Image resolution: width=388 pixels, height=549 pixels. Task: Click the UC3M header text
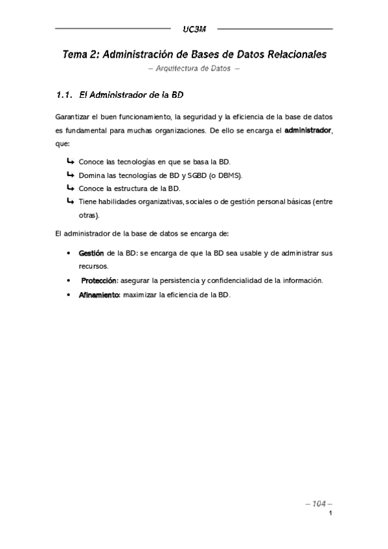(x=193, y=30)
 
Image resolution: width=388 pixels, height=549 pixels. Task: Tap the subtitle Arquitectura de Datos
(x=194, y=69)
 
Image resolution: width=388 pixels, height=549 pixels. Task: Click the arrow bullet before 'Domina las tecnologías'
(x=70, y=175)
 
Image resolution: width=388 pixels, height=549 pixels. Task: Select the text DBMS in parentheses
(x=231, y=175)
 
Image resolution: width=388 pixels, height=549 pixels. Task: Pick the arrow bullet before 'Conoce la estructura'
(x=70, y=188)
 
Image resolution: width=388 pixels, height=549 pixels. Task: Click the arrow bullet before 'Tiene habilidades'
(x=70, y=201)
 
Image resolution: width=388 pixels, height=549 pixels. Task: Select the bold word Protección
(x=99, y=280)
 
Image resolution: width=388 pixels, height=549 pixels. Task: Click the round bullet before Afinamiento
(x=69, y=295)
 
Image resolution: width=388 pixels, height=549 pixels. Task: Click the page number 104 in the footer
(x=318, y=503)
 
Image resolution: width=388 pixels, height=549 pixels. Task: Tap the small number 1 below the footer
(x=330, y=514)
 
